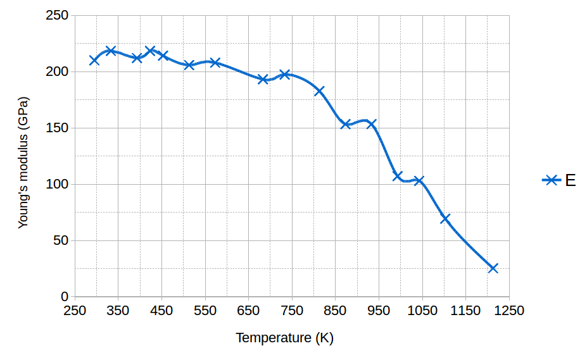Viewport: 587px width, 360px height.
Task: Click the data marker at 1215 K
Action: [493, 268]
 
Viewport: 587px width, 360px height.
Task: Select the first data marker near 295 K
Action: [94, 61]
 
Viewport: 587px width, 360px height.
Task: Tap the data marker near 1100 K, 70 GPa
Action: [445, 218]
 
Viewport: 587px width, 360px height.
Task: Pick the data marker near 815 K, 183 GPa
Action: [319, 91]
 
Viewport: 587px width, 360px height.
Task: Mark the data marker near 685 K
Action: [263, 79]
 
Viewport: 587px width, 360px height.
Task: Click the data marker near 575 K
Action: [215, 63]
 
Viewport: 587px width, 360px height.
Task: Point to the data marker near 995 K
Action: [398, 176]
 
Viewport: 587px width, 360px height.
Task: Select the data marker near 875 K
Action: [346, 124]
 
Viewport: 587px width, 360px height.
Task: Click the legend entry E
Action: [559, 180]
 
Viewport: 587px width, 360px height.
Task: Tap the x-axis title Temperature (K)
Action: [284, 338]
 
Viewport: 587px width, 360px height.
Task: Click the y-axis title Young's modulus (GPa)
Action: [23, 163]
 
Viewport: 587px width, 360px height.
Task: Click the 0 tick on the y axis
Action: [65, 297]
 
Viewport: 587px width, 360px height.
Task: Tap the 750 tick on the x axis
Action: [292, 311]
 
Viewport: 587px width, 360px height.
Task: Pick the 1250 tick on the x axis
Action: [509, 311]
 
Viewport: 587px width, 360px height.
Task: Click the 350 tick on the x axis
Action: [118, 311]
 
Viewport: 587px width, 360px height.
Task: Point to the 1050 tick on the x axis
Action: [422, 311]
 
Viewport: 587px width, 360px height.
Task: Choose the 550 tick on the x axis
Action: [205, 311]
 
